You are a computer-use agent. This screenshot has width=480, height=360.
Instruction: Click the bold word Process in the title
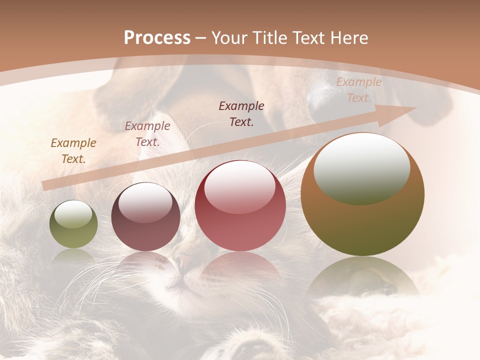pos(157,38)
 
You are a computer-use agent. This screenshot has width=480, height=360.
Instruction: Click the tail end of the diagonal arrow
pos(46,185)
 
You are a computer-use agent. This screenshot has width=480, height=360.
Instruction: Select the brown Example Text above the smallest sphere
pos(73,150)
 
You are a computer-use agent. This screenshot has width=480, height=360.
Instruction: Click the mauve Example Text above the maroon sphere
pos(147,133)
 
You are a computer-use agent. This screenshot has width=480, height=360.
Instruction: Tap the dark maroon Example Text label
pos(241,113)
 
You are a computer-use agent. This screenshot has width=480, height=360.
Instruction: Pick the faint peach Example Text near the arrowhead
pos(358,90)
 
